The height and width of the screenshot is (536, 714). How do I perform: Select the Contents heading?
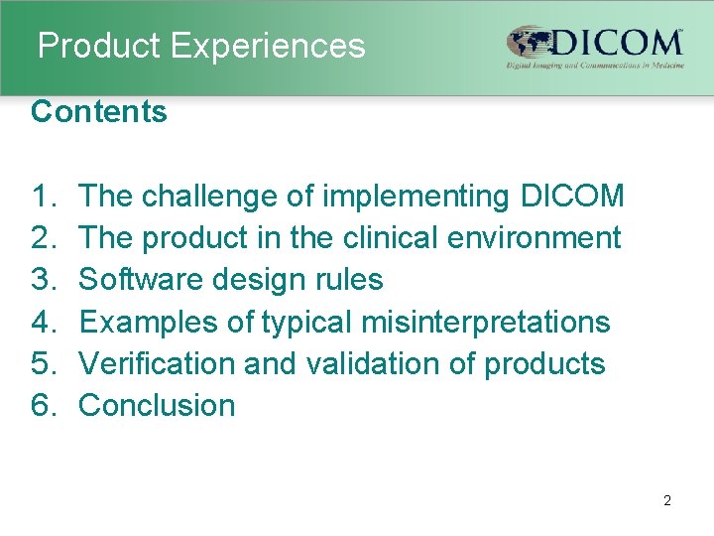(99, 112)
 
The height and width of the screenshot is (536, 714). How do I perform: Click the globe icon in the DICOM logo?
(528, 43)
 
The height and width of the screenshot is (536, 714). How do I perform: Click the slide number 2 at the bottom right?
(666, 501)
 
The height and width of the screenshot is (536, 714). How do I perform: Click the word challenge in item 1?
(210, 197)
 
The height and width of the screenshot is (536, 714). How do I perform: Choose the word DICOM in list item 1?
(571, 197)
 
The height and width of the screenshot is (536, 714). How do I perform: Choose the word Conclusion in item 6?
(157, 405)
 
